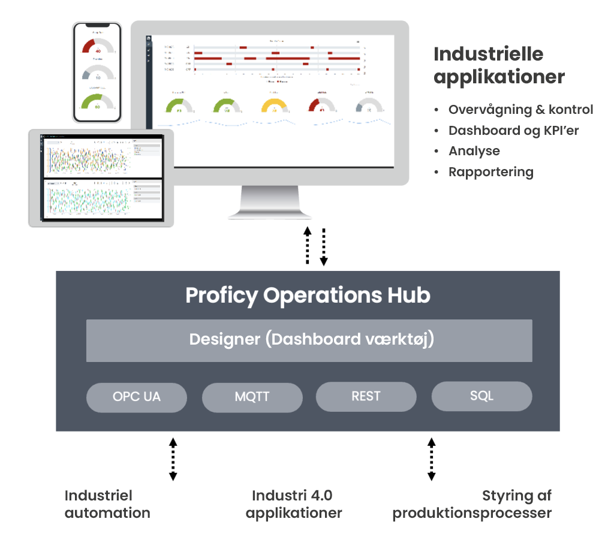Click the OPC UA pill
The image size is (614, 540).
click(136, 397)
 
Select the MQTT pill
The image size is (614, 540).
click(252, 397)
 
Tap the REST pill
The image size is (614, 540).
click(366, 396)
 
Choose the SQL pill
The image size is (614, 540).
click(481, 396)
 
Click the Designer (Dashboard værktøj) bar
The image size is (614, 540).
click(309, 340)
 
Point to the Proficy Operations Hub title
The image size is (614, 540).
click(308, 295)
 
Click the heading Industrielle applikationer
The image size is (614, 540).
click(499, 65)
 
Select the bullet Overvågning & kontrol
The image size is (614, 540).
click(520, 110)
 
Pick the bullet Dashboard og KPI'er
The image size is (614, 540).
click(513, 131)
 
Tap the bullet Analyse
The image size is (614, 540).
click(474, 151)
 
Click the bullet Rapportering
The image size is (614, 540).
click(490, 172)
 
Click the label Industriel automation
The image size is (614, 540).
click(107, 504)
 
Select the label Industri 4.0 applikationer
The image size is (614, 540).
click(293, 504)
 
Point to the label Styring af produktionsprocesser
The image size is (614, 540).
click(472, 504)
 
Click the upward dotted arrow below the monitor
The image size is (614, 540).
click(308, 245)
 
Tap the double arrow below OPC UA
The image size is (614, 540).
click(173, 459)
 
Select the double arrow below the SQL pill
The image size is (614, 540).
click(431, 459)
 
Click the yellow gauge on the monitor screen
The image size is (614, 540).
click(273, 107)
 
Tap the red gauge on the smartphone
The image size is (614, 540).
click(97, 47)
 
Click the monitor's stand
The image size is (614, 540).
click(269, 203)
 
